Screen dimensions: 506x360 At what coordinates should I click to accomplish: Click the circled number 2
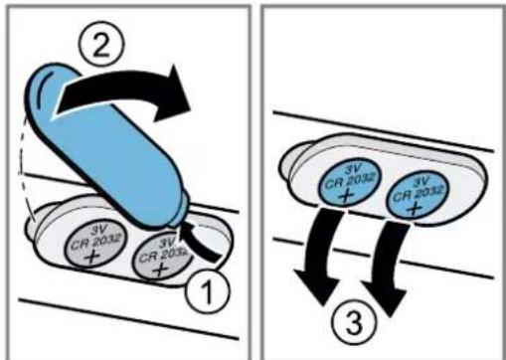[x=101, y=46]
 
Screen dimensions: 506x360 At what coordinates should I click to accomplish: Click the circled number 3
[x=354, y=320]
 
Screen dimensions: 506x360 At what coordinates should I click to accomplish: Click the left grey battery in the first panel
[x=96, y=245]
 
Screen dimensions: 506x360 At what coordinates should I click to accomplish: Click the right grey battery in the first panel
[x=162, y=258]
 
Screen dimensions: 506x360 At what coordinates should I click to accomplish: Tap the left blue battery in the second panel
[x=350, y=183]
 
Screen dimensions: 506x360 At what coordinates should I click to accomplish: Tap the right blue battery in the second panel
[x=418, y=195]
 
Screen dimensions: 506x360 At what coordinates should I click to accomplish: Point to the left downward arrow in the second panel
[x=321, y=256]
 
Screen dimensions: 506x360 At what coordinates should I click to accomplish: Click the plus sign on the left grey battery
[x=91, y=257]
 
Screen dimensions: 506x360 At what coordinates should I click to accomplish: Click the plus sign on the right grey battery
[x=160, y=270]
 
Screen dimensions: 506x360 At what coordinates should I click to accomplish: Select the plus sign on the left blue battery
[x=346, y=196]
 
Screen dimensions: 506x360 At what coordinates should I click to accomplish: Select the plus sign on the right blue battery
[x=414, y=208]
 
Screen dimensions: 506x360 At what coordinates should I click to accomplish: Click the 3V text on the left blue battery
[x=352, y=169]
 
